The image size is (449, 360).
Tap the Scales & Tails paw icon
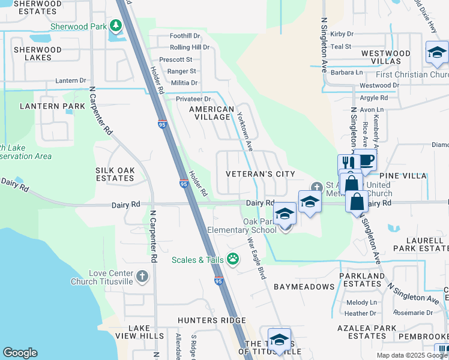tap(232, 259)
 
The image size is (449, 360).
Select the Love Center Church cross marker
tap(142, 277)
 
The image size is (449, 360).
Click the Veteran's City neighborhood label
tap(261, 174)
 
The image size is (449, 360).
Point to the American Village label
tap(211, 113)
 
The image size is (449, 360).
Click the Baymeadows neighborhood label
tap(304, 287)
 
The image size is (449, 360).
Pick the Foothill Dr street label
tap(185, 37)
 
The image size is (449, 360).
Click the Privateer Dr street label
tap(193, 99)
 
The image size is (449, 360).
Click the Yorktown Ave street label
tap(244, 131)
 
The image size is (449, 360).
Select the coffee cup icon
tap(365, 160)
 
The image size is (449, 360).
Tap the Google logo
tap(20, 353)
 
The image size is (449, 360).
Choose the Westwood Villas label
tap(386, 57)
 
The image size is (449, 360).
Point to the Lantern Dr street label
tap(71, 80)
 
